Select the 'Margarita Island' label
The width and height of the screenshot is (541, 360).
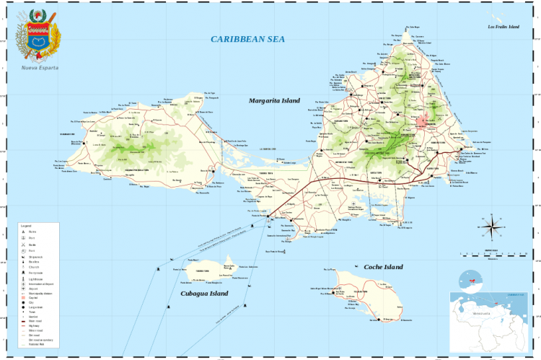[x=274, y=100]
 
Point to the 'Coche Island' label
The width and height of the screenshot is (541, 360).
[x=384, y=266]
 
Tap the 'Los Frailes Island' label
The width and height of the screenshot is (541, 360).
[x=503, y=27]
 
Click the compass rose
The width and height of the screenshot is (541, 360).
[x=493, y=227]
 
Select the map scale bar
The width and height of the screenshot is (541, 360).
[x=491, y=253]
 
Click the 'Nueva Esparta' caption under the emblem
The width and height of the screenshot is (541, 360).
[x=40, y=68]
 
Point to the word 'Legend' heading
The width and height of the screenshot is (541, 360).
[x=26, y=226]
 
